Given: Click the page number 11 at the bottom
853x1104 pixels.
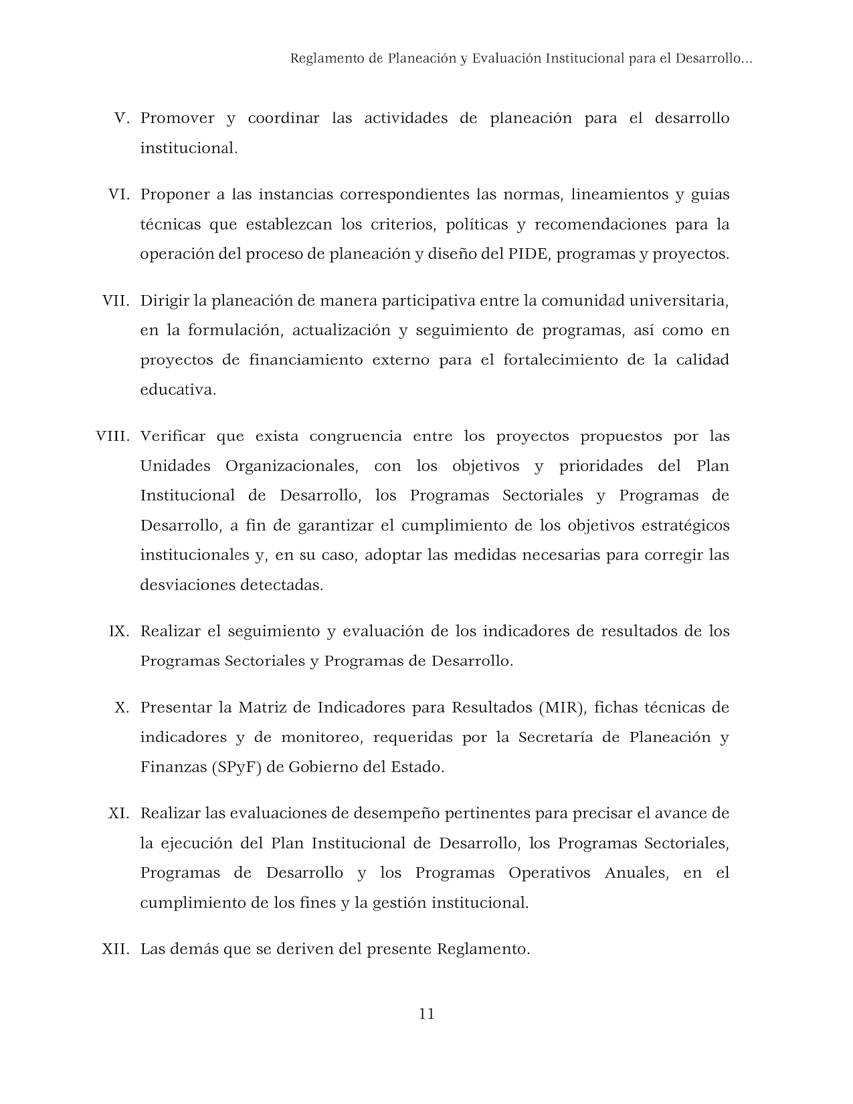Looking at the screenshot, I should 426,1014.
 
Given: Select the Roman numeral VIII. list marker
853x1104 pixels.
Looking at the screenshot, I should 112,436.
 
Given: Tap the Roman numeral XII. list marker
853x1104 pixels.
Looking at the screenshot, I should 115,949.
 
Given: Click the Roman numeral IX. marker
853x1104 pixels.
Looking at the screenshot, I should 118,631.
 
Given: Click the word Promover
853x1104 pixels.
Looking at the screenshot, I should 177,118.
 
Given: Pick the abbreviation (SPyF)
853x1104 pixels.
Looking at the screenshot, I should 235,767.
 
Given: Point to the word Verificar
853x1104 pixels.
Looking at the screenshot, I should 173,436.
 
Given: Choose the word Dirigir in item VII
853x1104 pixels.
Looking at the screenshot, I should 165,300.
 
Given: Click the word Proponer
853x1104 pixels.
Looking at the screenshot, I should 175,195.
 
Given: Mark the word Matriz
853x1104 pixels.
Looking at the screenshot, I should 262,707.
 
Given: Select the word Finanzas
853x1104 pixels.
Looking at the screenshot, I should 173,767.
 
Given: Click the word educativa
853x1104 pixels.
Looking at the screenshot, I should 177,389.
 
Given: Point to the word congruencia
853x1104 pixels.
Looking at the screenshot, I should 355,436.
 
